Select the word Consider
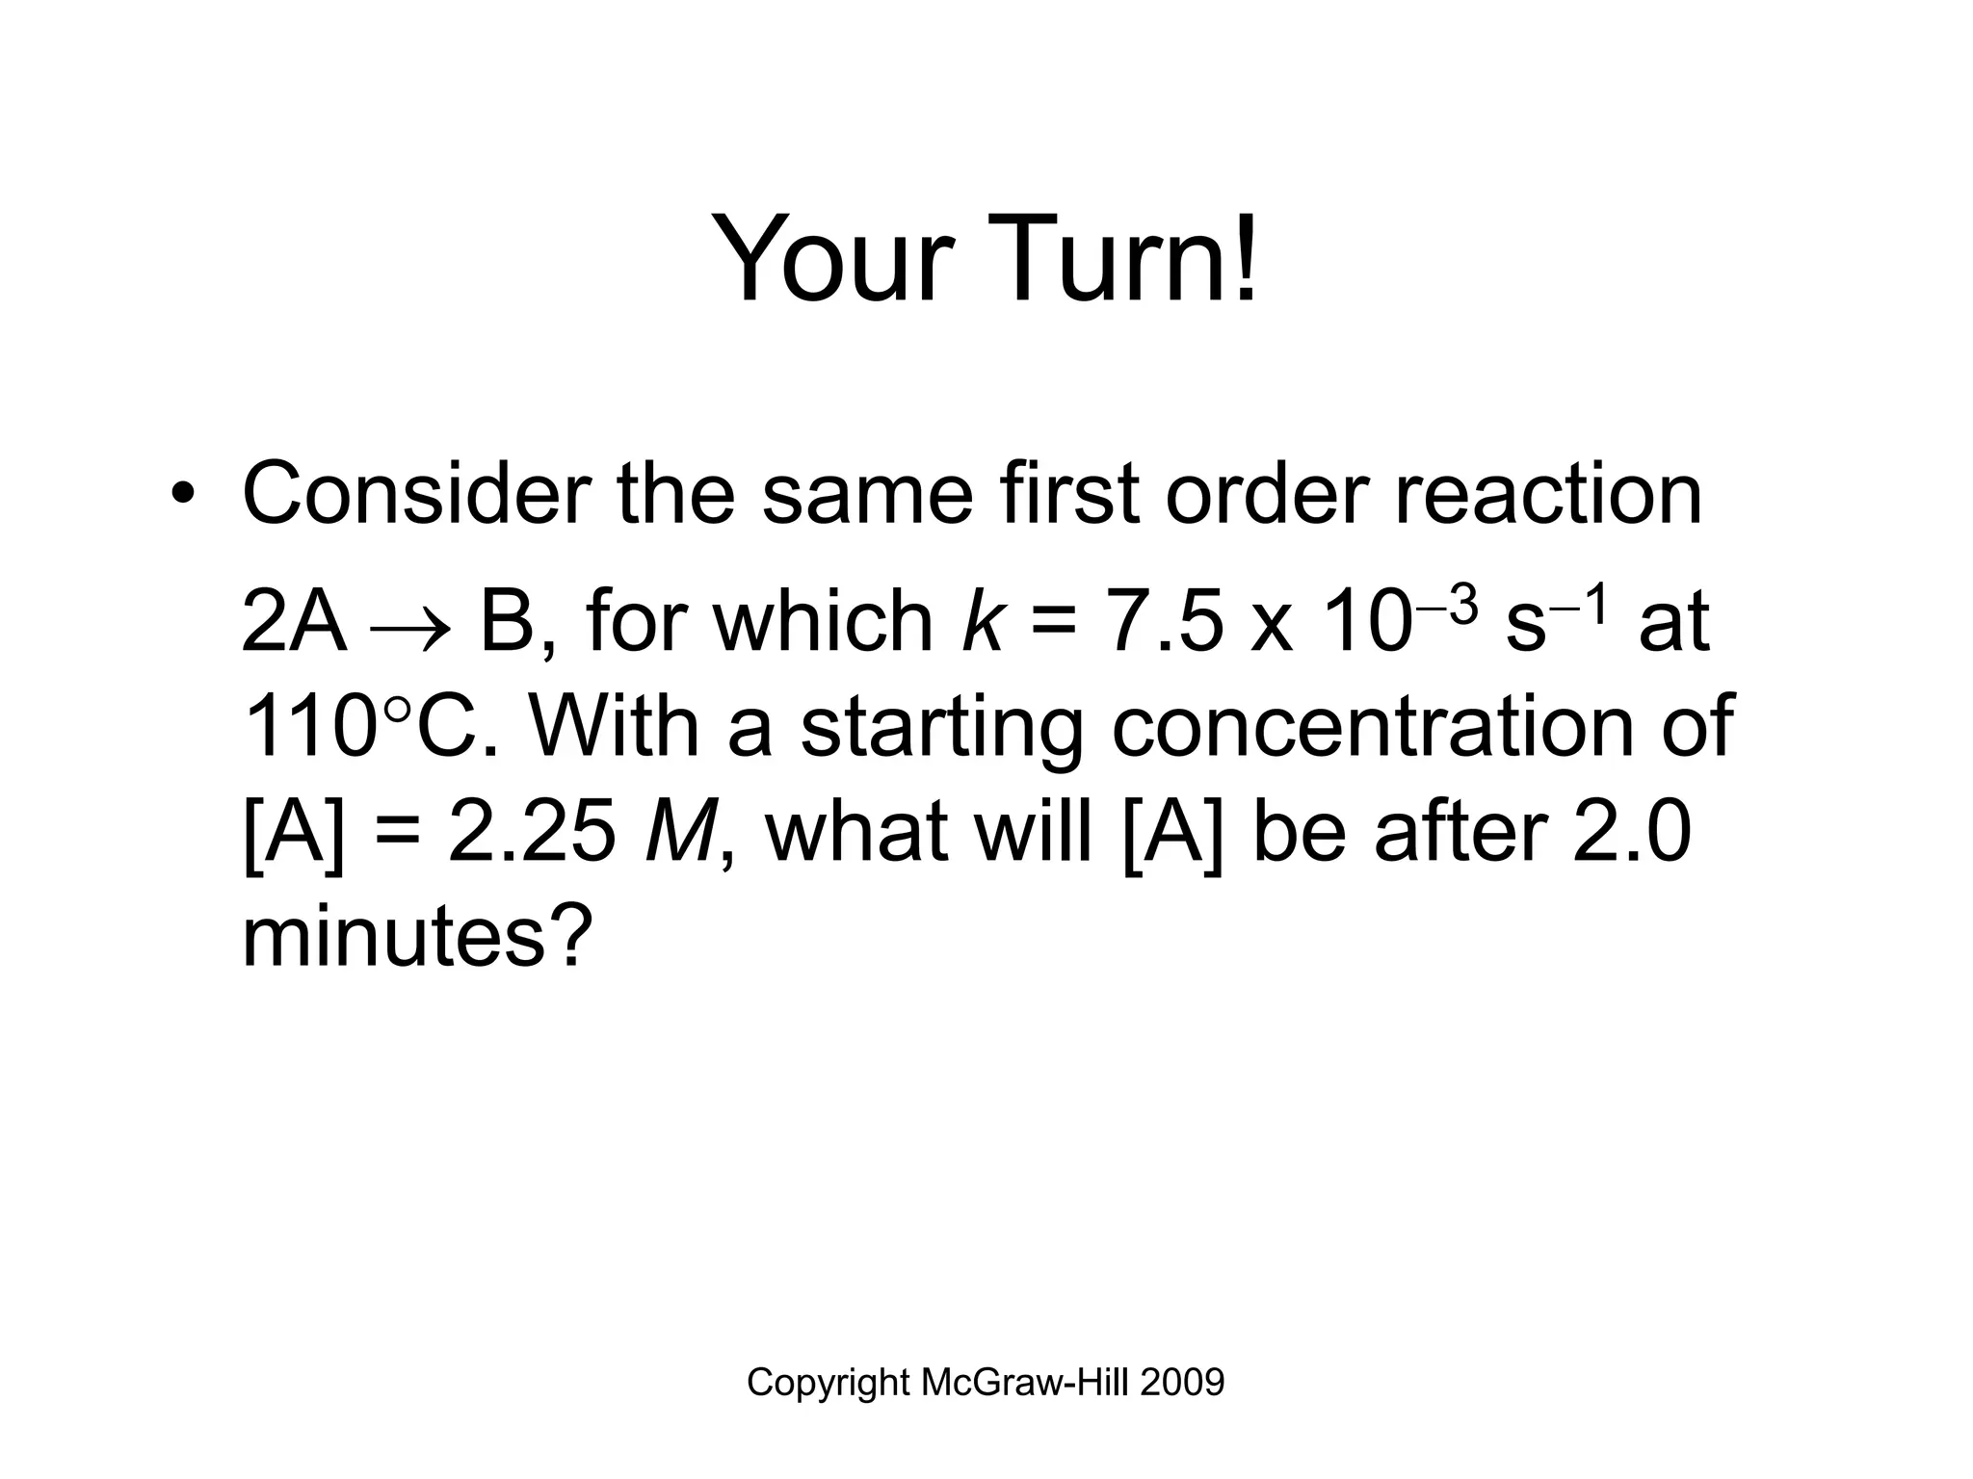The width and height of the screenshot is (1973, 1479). (415, 495)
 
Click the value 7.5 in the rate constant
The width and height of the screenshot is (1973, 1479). (1167, 621)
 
